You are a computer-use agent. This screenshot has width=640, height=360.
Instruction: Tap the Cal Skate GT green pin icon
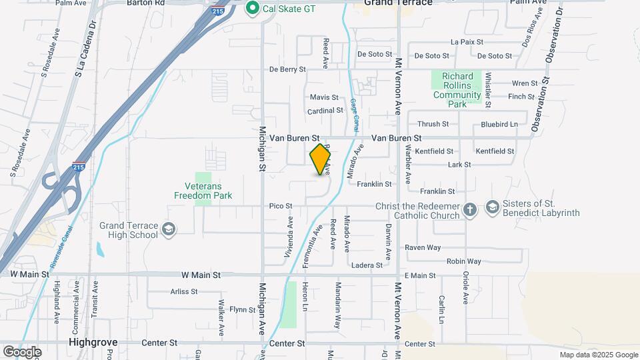tap(253, 8)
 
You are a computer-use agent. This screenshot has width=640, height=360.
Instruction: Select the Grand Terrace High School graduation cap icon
tap(169, 230)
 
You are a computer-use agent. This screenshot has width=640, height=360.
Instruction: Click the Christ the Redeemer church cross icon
tap(471, 210)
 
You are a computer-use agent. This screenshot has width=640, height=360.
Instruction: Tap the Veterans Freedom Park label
tap(203, 191)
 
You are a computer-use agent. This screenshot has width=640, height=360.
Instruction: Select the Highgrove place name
tap(93, 343)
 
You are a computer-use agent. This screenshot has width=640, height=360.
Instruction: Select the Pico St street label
tap(281, 206)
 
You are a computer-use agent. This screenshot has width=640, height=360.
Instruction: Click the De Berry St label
tap(287, 69)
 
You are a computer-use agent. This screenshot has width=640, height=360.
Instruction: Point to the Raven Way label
tap(423, 247)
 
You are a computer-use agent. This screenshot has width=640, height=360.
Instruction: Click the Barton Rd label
tap(145, 3)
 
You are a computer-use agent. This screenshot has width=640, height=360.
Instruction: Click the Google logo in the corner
tap(22, 351)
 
